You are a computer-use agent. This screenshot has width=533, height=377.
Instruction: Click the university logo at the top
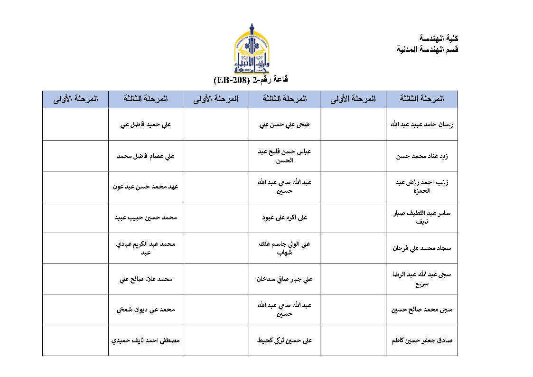coord(252,49)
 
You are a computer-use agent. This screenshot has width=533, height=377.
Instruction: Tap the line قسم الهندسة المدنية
coord(427,49)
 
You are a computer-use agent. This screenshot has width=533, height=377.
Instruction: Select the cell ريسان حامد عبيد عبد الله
coord(422,125)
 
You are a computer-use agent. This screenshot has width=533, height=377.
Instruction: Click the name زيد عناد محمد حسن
coord(422,156)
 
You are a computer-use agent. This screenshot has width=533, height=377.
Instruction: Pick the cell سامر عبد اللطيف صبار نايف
coord(422,217)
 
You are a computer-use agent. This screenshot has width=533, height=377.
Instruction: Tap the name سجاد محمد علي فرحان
coord(422,248)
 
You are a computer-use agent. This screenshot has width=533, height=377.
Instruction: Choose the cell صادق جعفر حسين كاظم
coord(422,340)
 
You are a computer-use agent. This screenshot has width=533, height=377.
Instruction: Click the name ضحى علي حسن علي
coord(284,125)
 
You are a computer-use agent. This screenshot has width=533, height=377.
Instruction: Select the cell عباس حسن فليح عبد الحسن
coord(284,156)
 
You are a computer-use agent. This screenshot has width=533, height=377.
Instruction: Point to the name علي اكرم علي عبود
coord(284,217)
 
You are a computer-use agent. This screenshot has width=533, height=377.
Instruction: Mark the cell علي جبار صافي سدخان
coord(284,279)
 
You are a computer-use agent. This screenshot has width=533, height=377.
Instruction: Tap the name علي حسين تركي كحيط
coord(284,340)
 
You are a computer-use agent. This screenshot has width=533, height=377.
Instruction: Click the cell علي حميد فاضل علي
coord(146,125)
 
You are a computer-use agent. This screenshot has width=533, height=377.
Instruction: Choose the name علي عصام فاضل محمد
coord(146,156)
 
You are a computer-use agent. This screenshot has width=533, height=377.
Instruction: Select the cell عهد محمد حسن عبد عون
coord(146,187)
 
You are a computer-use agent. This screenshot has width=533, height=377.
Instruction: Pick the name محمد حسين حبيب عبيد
coord(146,217)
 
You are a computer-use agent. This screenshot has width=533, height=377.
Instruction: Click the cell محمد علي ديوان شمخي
coord(146,310)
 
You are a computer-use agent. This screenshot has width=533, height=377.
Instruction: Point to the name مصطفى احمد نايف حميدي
coord(146,340)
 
